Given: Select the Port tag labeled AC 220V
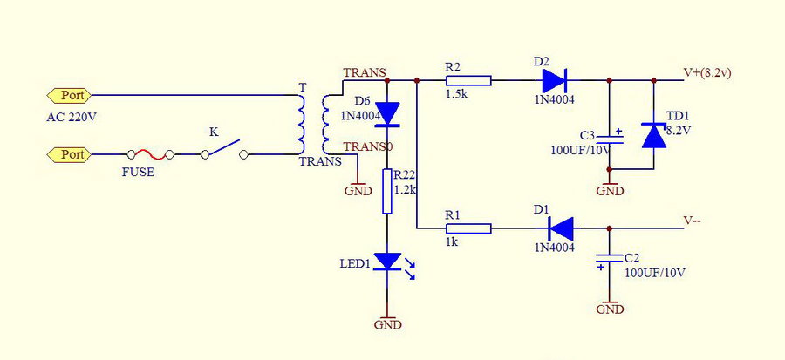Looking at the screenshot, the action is point(69,95).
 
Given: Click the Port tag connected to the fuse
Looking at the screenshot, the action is point(69,155).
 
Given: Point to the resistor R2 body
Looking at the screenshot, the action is point(468,80).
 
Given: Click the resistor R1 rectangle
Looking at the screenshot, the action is point(468,228).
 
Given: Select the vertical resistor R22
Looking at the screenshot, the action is point(387,191).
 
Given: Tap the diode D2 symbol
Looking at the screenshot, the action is point(554,80).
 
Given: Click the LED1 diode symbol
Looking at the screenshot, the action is point(388,262).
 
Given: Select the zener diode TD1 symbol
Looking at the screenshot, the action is point(654,135).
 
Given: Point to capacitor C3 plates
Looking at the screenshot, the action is point(610,139).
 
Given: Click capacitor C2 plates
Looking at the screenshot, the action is point(610,259).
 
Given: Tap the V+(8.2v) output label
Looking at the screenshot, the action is point(707,72).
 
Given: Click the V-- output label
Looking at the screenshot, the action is point(692,221).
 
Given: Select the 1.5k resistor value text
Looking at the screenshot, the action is point(456,94).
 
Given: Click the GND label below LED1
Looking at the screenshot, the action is point(387,324).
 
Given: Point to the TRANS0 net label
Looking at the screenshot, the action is point(368,146).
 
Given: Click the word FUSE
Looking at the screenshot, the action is point(138,173).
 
